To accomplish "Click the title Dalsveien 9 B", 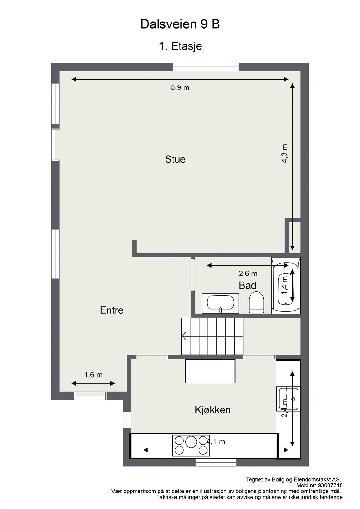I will pos(180,24).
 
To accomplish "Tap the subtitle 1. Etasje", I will pos(180,46).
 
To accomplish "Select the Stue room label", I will pos(175,159).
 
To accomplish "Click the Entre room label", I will pos(111,310).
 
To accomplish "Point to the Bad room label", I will pos(247,285).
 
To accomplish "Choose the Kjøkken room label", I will pos(213,410).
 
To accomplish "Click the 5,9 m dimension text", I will pos(180,88).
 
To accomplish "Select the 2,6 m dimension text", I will pos(248,274).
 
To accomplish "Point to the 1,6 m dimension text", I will pos(93,375).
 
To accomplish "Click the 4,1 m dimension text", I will pos(216,442).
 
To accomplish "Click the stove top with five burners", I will pos(191,445).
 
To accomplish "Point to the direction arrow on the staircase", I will pos(184,336).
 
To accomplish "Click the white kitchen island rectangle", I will pos(210,371).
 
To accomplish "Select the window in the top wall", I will pos(206,67).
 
